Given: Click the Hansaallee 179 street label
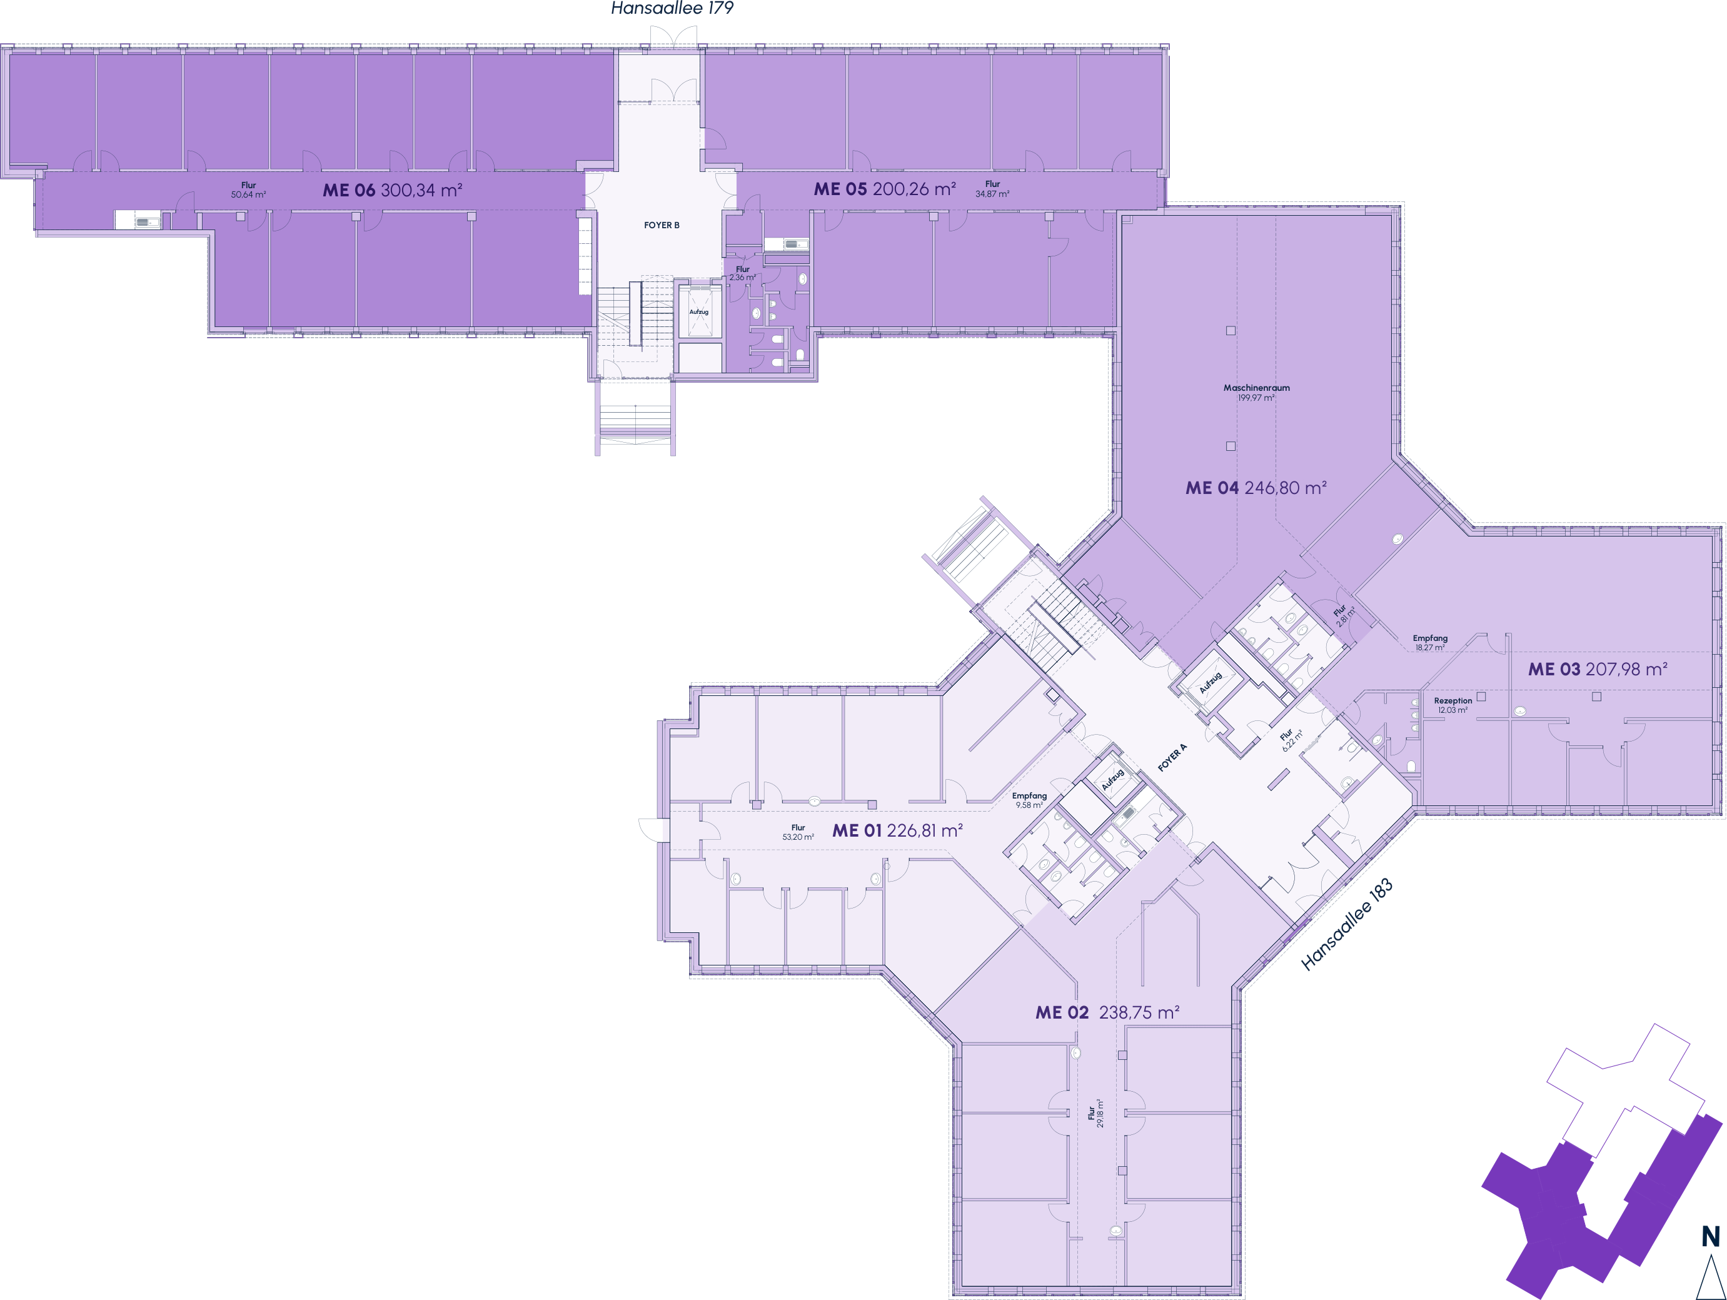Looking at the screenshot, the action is [672, 9].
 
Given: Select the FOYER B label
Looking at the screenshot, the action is [662, 225].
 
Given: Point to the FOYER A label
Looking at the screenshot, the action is [1172, 757].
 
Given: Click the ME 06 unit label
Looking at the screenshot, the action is [349, 189].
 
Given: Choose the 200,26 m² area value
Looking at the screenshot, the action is [914, 189].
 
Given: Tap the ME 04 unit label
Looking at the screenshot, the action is [1212, 488].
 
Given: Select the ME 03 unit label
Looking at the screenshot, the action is [1554, 669].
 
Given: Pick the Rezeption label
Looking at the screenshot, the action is [1453, 701].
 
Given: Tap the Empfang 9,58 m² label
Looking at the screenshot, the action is [1029, 800].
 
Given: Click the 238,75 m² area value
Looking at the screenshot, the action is [1139, 1012].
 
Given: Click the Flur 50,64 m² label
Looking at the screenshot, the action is [248, 189].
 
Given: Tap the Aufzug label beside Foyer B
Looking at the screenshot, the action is [699, 311].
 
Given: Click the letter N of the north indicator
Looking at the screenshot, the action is [1711, 1236].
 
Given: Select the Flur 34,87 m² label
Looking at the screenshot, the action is [992, 189].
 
